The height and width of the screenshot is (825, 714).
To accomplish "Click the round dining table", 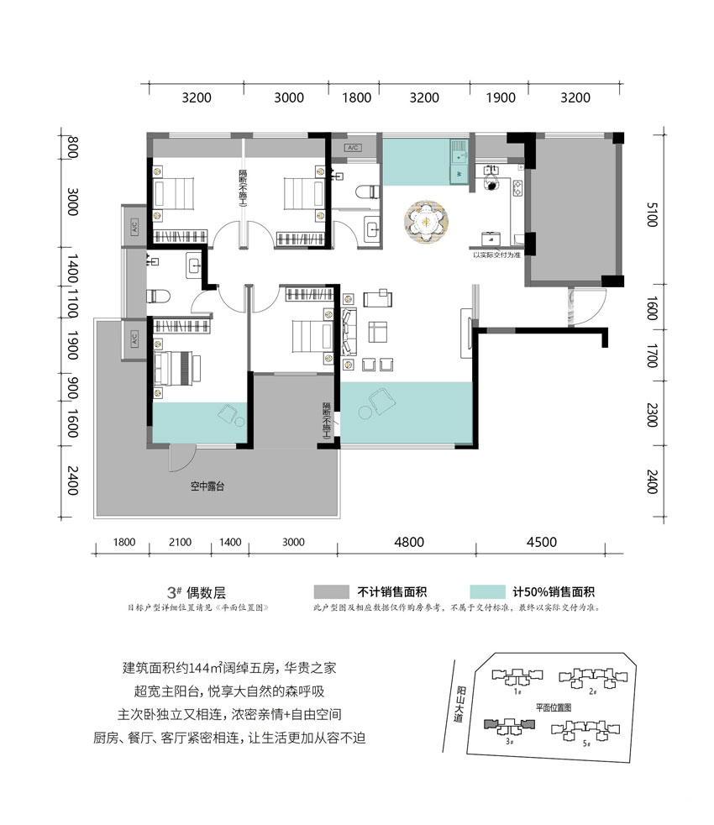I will [429, 223].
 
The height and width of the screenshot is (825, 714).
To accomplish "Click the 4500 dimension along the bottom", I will [542, 542].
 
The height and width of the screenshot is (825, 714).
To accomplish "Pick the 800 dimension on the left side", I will [73, 149].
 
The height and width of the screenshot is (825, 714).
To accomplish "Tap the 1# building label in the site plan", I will [518, 692].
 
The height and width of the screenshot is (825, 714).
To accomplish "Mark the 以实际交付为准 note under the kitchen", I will [498, 254].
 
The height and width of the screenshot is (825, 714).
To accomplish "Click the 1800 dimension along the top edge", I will [357, 97].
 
